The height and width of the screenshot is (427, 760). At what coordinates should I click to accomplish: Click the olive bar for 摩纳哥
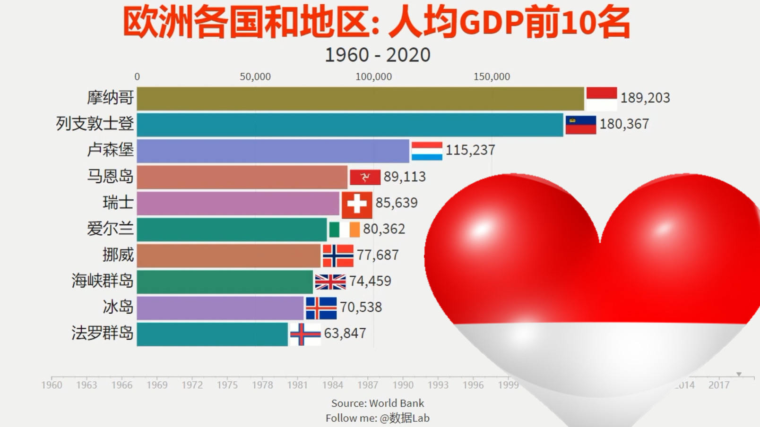pos(360,98)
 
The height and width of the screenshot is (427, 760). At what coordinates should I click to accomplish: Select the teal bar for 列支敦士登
pos(350,125)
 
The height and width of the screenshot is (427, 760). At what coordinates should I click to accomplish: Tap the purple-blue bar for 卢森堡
pos(273,151)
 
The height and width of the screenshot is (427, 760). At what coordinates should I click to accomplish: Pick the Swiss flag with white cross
pos(357,204)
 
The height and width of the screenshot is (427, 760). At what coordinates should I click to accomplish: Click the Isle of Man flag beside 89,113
pos(365,177)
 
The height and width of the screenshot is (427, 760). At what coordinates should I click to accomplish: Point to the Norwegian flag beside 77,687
pos(338,256)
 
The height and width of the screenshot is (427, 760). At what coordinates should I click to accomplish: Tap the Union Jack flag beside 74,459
pos(330,282)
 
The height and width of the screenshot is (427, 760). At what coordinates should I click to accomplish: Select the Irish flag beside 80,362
pos(345,230)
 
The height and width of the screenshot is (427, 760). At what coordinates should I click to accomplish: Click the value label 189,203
pos(645,98)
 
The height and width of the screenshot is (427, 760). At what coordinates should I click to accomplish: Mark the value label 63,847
pos(345,333)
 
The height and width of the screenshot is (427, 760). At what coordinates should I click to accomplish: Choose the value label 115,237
pos(470,150)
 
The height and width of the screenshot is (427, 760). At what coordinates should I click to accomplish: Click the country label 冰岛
pos(118,307)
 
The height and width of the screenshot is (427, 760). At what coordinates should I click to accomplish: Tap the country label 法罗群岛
pos(103,333)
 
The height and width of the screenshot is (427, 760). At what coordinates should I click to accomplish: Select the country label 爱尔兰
pos(110,229)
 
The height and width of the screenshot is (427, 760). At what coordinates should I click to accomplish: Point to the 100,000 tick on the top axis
pos(373,77)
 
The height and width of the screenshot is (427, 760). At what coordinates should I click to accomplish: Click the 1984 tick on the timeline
pos(333,384)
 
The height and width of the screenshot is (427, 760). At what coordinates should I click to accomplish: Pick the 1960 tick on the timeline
pos(52,384)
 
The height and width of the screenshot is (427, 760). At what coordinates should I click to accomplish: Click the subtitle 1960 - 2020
pos(377,55)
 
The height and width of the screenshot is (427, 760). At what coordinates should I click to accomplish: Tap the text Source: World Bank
pos(377,403)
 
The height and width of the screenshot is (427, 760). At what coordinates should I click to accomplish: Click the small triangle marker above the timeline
pos(739,374)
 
